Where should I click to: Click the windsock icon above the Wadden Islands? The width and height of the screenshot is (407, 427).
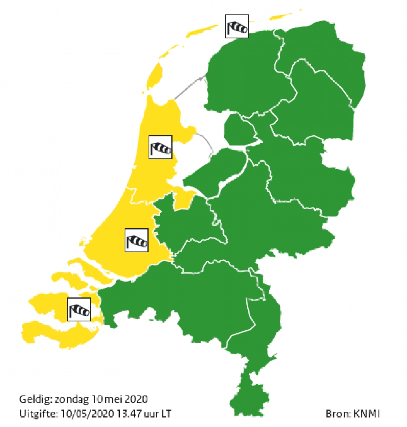point(237,27)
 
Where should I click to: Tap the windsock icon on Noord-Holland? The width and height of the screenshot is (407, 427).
point(160,147)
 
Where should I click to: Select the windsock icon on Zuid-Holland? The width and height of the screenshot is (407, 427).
point(136,241)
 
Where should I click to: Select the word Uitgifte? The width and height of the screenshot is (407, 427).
point(35,413)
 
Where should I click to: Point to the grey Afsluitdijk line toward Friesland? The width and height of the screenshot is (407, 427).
point(189,87)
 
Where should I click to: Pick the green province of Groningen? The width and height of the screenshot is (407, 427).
point(322,53)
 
